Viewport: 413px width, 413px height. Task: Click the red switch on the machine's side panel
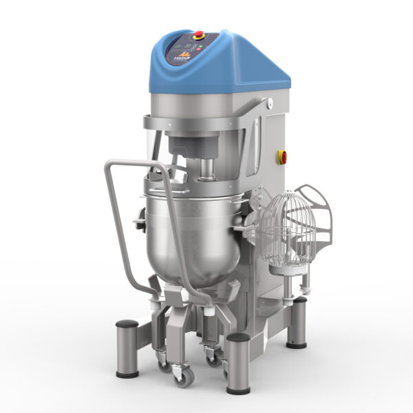282,156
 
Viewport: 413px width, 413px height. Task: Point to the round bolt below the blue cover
271,104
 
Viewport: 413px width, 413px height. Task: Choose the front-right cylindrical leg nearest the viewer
237,354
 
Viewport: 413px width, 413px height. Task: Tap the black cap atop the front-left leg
127,324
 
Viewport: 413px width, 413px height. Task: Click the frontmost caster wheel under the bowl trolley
183,375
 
